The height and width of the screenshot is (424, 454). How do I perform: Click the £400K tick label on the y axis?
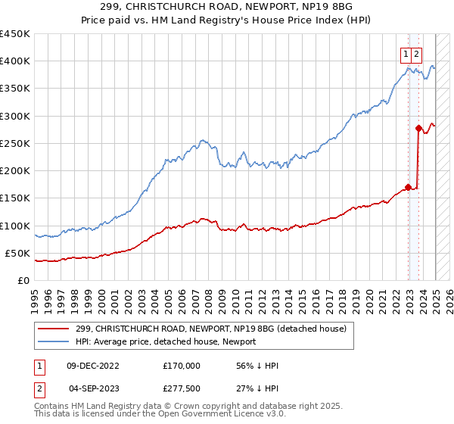pos(15,61)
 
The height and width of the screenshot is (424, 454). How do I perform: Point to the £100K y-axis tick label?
pos(15,226)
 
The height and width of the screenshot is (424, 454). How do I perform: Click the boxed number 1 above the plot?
pos(406,54)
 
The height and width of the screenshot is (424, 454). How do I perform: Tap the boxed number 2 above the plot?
pos(417,54)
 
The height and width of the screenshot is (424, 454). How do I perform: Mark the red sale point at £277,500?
pos(418,128)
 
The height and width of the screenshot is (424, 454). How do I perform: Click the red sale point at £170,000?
pos(409,187)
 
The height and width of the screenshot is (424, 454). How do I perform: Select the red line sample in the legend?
pos(54,328)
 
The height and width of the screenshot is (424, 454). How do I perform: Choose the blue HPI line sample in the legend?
pos(54,341)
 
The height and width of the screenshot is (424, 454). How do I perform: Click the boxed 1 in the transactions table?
pos(39,366)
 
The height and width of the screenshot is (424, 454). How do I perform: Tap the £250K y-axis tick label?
pos(15,143)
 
